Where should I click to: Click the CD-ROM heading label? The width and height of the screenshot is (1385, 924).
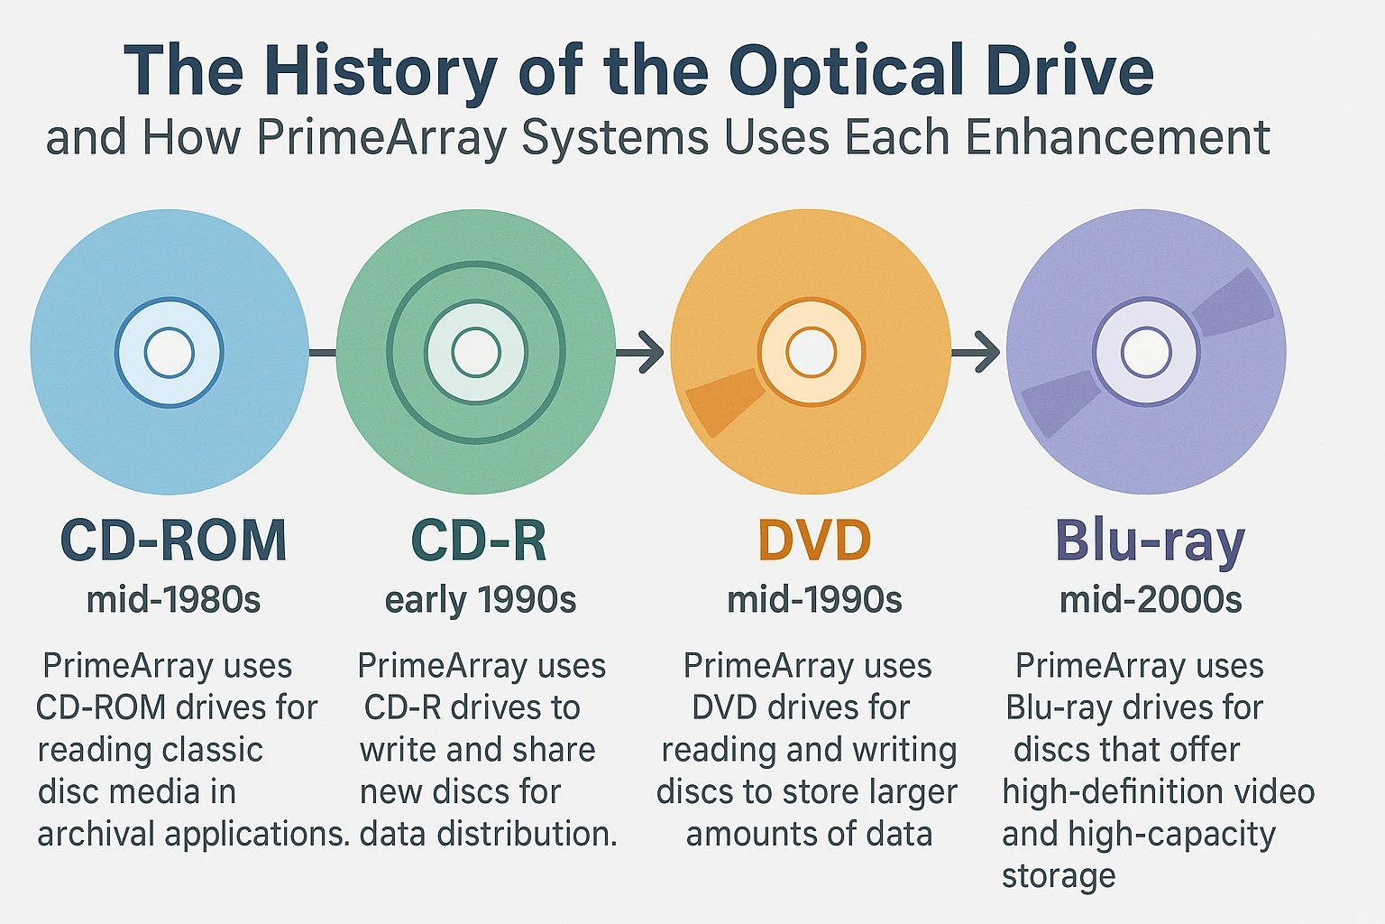point(173,541)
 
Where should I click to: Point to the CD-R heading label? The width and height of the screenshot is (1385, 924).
point(479,541)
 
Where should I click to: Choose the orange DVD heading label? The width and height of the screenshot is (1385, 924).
point(814,541)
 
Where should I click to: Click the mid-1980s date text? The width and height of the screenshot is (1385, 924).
point(173,599)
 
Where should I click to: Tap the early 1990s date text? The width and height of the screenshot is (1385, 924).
point(480,600)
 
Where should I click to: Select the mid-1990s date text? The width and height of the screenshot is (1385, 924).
point(814,599)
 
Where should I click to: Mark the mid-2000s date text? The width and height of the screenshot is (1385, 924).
point(1151,599)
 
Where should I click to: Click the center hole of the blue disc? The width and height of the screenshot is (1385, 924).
point(170,352)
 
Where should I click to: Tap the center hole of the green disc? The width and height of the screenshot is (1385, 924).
point(476,352)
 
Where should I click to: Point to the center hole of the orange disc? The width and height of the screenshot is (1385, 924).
point(811,352)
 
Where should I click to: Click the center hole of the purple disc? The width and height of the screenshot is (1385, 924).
point(1146,352)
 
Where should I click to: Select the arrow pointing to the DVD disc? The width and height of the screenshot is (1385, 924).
point(642,352)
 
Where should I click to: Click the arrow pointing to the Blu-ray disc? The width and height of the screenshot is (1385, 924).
point(977,352)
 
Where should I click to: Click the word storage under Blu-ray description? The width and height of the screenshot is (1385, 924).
point(1059,875)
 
